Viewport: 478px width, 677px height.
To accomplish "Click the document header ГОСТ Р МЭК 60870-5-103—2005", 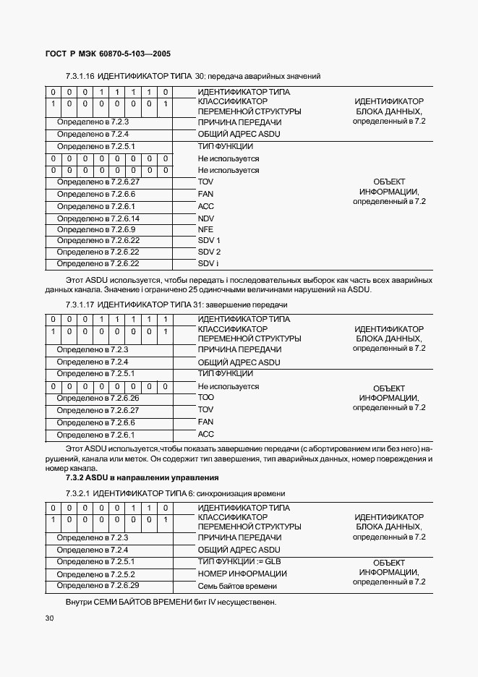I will [102, 54].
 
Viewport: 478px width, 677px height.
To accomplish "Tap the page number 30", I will [49, 618].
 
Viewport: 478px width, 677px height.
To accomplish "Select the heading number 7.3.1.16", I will [80, 76].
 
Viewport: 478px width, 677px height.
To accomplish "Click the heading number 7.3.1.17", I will [80, 305].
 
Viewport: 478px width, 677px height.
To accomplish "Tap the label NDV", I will [206, 218].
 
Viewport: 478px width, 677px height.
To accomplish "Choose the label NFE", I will [205, 229].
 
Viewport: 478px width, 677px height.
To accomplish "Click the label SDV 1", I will [208, 240].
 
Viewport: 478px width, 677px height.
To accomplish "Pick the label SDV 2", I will [208, 252].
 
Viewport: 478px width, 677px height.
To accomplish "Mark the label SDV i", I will [208, 263].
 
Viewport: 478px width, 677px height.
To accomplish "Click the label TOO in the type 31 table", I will [206, 398].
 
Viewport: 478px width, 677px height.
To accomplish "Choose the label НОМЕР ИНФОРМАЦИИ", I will [242, 574].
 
